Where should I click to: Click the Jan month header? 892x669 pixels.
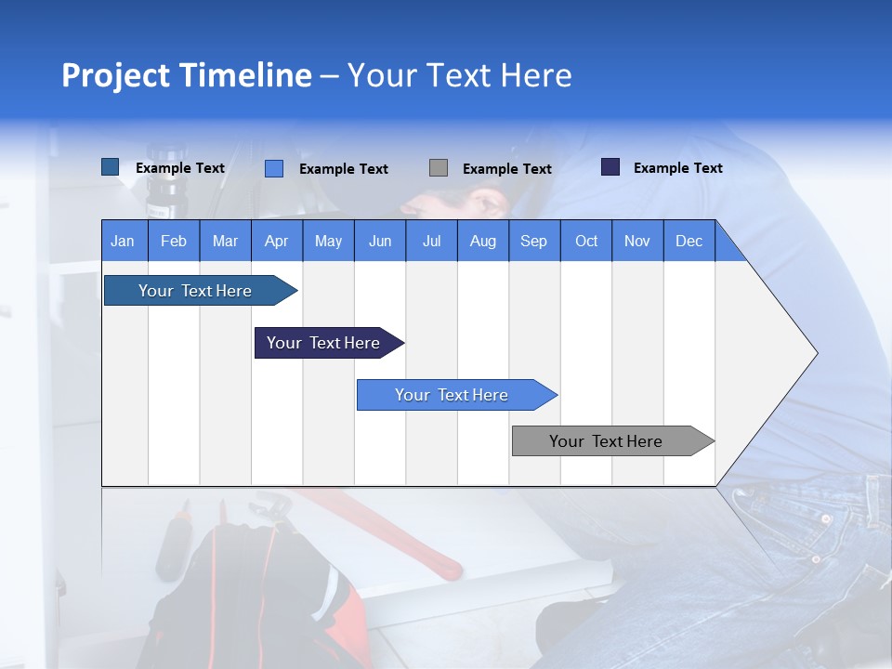[x=123, y=241]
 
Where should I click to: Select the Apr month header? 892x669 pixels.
[x=276, y=241]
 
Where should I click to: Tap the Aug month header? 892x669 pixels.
[x=482, y=241]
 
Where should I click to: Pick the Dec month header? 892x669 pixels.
[x=689, y=241]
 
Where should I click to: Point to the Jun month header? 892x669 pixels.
[x=379, y=241]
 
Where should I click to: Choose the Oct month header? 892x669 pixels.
[x=585, y=241]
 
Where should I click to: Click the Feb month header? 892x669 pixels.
[x=174, y=241]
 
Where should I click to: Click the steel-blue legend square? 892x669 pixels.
[x=110, y=167]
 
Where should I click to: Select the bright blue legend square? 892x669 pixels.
[x=274, y=168]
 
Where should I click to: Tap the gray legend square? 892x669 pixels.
[x=439, y=168]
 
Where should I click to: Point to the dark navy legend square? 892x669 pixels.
[x=610, y=167]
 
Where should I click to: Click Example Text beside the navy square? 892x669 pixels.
[x=677, y=168]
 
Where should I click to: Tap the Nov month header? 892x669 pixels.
[x=636, y=241]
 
